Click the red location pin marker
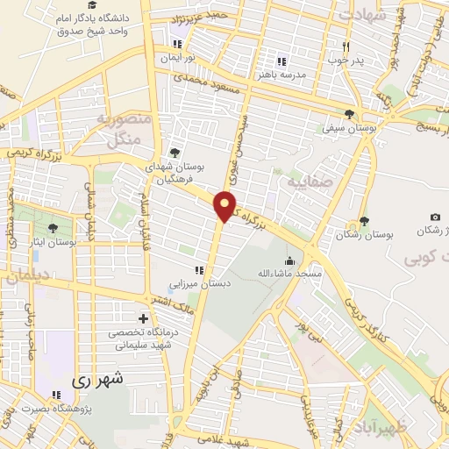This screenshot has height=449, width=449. (x=225, y=206)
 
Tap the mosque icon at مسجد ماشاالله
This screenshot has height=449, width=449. (x=289, y=260)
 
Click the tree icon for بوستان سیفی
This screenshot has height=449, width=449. (x=349, y=114)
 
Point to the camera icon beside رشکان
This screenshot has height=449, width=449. (x=435, y=217)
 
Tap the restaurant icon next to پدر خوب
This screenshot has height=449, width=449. (x=346, y=47)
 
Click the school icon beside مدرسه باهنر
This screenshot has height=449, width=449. (x=282, y=61)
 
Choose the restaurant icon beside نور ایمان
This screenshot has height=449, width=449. (x=180, y=44)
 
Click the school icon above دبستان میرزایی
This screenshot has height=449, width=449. (x=200, y=270)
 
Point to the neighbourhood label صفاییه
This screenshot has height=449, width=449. (x=303, y=182)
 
